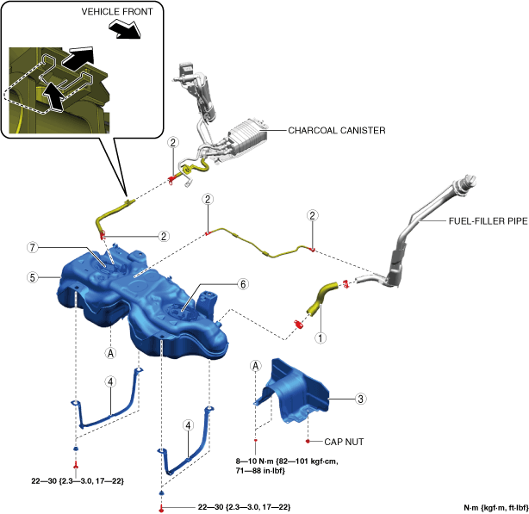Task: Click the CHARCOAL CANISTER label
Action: pyautogui.click(x=337, y=131)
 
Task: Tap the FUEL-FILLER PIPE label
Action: pyautogui.click(x=488, y=220)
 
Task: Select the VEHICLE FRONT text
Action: pyautogui.click(x=115, y=13)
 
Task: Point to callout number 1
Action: pyautogui.click(x=320, y=338)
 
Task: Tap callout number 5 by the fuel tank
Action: pyautogui.click(x=32, y=278)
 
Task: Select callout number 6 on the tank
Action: pyautogui.click(x=243, y=283)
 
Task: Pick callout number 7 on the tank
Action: pyautogui.click(x=32, y=248)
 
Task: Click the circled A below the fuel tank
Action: pyautogui.click(x=110, y=352)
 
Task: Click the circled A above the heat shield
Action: pyautogui.click(x=255, y=366)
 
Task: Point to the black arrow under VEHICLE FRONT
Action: pyautogui.click(x=121, y=31)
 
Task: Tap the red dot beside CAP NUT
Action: pyautogui.click(x=308, y=440)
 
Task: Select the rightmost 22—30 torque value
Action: pyautogui.click(x=244, y=506)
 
